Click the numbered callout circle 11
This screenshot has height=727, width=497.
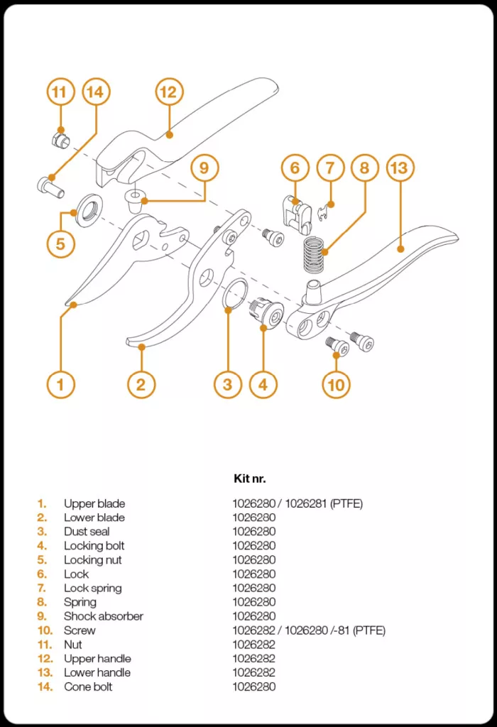point(60,92)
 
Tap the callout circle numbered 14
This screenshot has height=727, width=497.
point(97,92)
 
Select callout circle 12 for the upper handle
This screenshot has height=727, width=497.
point(168,92)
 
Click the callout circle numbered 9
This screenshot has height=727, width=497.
point(204,168)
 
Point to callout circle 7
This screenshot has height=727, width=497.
point(329,168)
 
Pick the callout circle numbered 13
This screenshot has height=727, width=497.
point(400,168)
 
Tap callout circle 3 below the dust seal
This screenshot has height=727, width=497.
point(227,385)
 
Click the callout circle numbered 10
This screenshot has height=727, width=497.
point(337,385)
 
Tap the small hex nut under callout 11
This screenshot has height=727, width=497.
point(60,139)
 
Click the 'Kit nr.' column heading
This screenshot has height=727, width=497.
point(249,479)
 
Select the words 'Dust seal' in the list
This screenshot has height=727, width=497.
point(87,532)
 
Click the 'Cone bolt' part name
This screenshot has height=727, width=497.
point(88,687)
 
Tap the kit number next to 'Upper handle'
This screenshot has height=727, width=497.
point(253,659)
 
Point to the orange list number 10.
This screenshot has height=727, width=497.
point(45,630)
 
